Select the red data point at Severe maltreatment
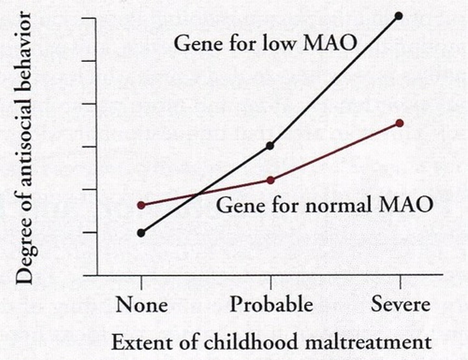(400, 123)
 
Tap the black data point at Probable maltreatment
(270, 146)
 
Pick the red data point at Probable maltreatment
(270, 180)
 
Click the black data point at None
(141, 233)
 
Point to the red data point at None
(141, 205)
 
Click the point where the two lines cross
(198, 194)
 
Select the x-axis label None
(142, 305)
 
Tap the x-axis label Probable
(271, 305)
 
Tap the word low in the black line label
(278, 43)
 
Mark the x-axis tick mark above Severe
(400, 282)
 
